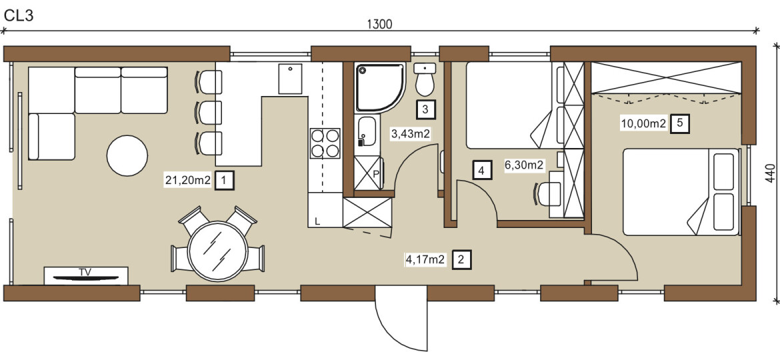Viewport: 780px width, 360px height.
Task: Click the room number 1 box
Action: [x=225, y=181]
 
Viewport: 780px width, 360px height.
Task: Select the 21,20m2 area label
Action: [x=189, y=181]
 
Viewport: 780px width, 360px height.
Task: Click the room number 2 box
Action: [x=461, y=259]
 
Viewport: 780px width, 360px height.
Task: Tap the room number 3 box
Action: [x=425, y=109]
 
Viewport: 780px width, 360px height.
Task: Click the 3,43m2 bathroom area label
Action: [x=411, y=133]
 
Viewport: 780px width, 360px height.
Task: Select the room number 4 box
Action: [x=481, y=171]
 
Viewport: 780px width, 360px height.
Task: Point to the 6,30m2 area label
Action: [x=524, y=165]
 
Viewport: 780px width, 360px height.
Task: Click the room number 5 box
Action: [x=680, y=124]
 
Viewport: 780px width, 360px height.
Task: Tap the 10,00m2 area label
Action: [x=643, y=124]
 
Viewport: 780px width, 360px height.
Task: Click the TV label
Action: [x=85, y=271]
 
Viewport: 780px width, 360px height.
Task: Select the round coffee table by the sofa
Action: [x=127, y=155]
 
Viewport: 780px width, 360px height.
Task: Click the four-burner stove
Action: [x=325, y=143]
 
